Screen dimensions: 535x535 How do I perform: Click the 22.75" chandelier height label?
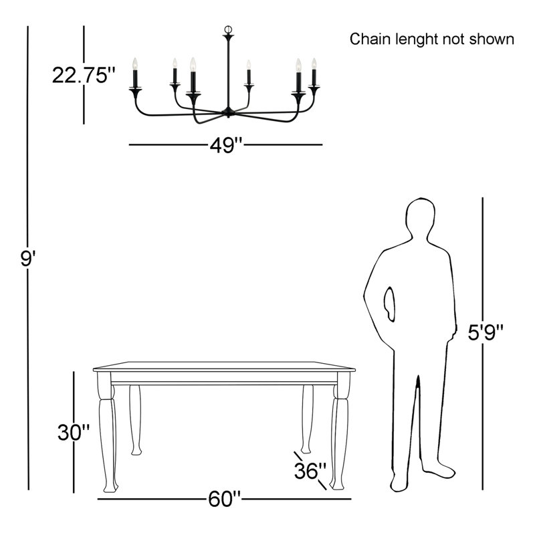(x=84, y=75)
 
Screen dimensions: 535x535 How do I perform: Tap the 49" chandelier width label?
(x=226, y=145)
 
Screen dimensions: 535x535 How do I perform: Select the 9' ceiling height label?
(x=28, y=258)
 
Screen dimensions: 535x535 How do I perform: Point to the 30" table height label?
(x=74, y=432)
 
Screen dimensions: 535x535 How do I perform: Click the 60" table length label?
(x=225, y=499)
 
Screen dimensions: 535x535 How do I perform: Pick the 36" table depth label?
(x=310, y=471)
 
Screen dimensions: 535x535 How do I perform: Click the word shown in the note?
(x=492, y=39)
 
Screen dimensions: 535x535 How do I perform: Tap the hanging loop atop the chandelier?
(x=228, y=29)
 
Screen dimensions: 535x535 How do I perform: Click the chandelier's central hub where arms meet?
(x=228, y=112)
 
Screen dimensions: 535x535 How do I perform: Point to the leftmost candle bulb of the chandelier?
(x=135, y=64)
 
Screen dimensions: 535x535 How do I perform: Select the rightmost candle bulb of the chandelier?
(x=314, y=64)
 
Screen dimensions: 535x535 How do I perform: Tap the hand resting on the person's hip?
(x=389, y=304)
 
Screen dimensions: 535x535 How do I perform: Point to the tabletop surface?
(x=224, y=366)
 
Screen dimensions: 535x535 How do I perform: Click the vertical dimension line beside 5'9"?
(x=482, y=344)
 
